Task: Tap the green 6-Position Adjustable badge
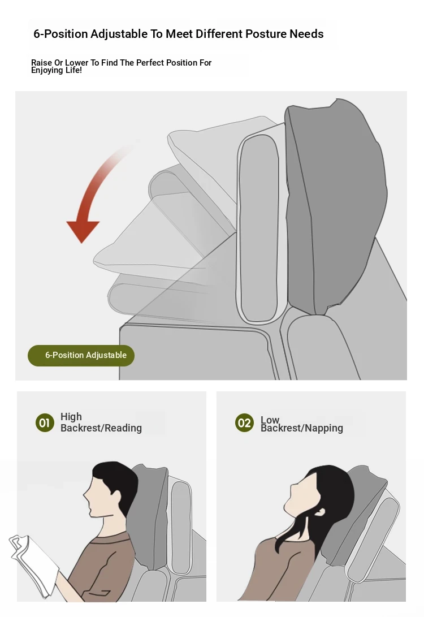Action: click(81, 355)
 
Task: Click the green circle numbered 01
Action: click(45, 422)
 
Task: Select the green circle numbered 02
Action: click(244, 422)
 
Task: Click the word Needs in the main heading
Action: click(307, 34)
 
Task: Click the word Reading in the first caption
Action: click(123, 428)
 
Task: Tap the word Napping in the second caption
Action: click(324, 428)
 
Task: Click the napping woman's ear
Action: click(321, 511)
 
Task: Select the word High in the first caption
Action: click(71, 417)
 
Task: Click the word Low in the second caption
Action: click(270, 420)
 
